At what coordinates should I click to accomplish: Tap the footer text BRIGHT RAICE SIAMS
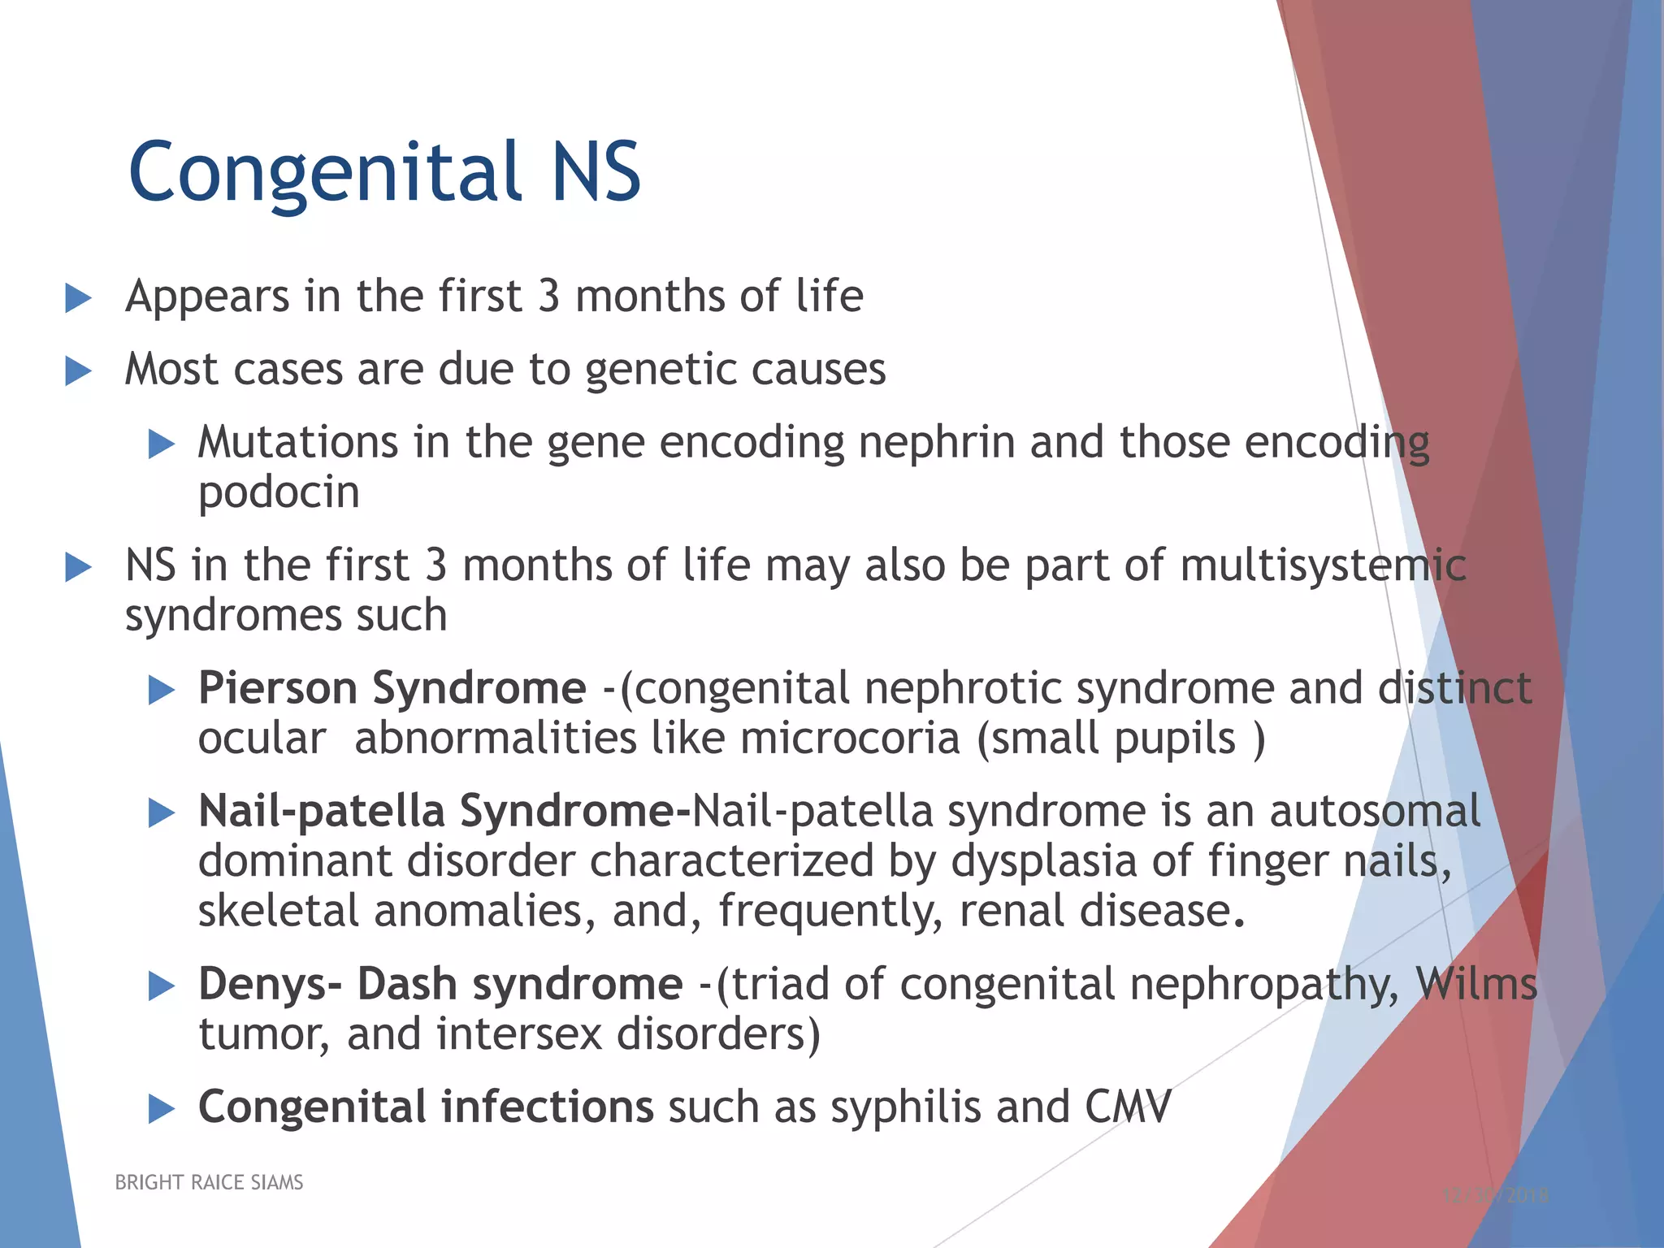[209, 1182]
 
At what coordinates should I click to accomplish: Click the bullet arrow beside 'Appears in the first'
[78, 297]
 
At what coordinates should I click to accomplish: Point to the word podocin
[279, 493]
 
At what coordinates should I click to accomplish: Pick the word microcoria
[850, 739]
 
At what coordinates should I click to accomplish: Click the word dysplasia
[1043, 862]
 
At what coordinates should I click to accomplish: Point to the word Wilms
[1476, 985]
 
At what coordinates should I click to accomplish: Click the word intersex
[518, 1035]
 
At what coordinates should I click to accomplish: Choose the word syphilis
[905, 1108]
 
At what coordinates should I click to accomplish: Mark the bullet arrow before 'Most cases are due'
[78, 371]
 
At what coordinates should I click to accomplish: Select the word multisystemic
[1323, 565]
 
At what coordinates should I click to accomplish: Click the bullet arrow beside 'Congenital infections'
[162, 1108]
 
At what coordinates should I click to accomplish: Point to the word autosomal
[1375, 812]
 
